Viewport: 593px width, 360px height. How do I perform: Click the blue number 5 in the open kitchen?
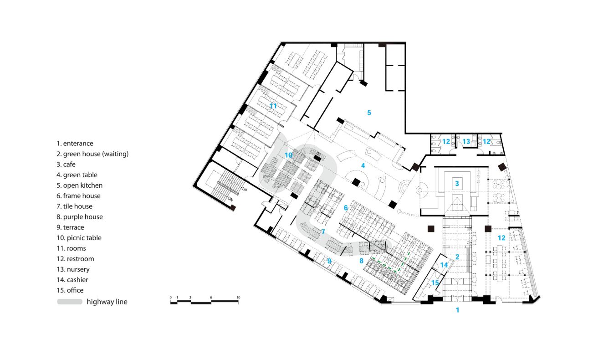(369, 112)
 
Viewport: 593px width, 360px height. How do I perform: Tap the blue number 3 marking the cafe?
(456, 183)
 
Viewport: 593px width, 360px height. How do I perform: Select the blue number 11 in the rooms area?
(273, 106)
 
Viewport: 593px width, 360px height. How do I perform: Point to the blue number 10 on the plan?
(288, 155)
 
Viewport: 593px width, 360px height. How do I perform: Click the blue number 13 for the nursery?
(466, 142)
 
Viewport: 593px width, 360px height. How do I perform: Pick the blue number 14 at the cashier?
(444, 265)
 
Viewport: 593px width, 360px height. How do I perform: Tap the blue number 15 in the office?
(435, 283)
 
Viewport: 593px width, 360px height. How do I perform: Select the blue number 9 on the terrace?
(329, 261)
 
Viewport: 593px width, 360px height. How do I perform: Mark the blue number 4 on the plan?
(363, 165)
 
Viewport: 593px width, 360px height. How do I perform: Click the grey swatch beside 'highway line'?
(70, 302)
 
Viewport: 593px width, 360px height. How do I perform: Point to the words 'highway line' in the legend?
(107, 302)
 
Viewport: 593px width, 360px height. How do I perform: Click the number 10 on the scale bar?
(238, 298)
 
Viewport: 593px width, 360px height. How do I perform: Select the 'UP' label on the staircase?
(244, 189)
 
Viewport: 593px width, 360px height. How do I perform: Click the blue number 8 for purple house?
(361, 261)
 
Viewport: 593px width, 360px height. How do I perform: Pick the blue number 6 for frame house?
(346, 208)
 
